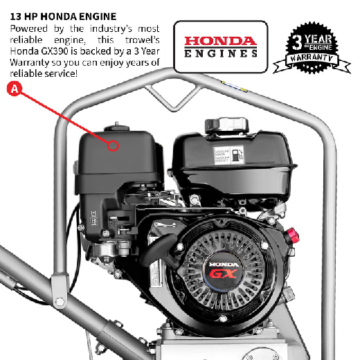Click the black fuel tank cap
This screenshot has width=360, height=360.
(x=226, y=125)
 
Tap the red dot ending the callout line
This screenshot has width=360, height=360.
(x=112, y=145)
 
